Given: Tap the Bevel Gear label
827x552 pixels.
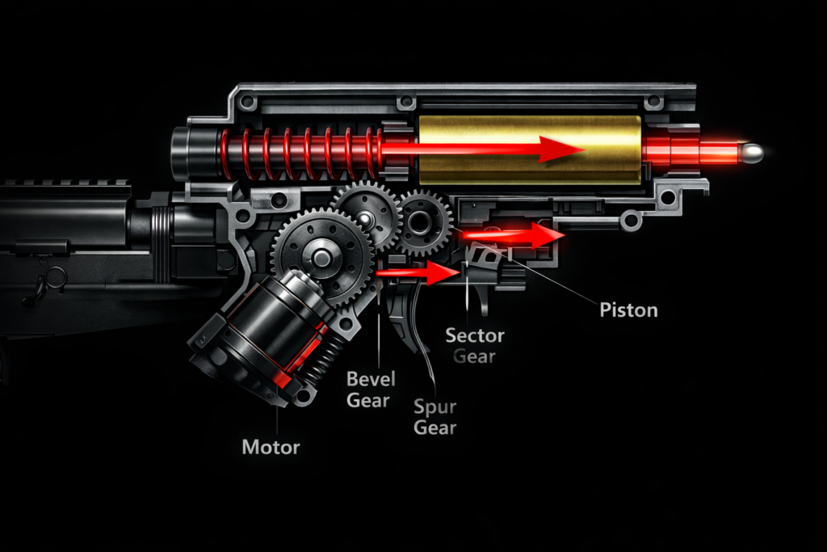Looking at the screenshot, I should pos(368,389).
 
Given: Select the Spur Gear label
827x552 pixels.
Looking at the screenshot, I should pos(435,417).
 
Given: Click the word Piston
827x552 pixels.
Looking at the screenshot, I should pos(628,310).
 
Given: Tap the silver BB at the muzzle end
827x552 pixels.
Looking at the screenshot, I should pos(752,153).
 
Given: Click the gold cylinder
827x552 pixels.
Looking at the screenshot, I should pos(530,150).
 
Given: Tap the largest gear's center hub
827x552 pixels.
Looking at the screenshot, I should pos(321,258).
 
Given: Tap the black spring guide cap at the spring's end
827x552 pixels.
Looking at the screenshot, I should pos(192,153).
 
